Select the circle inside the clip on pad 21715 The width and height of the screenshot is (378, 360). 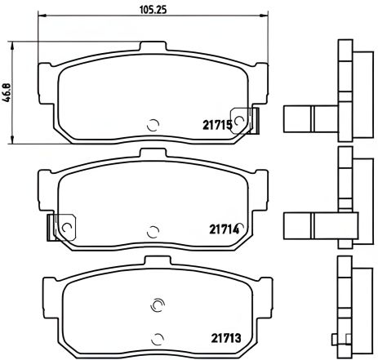[x=239, y=119]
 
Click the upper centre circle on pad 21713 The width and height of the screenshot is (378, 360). [x=157, y=306]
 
